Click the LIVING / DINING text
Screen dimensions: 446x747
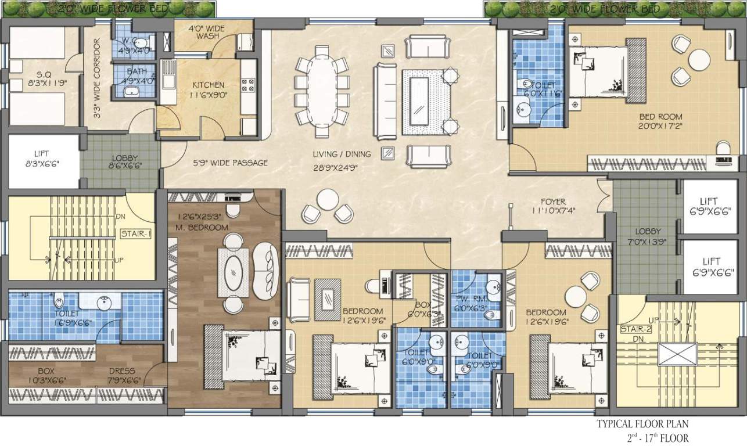tap(342, 154)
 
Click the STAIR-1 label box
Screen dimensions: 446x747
tap(135, 235)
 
